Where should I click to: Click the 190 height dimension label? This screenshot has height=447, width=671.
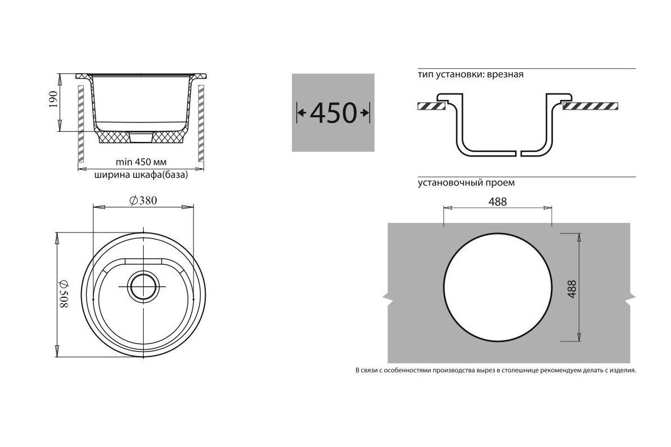tap(53, 99)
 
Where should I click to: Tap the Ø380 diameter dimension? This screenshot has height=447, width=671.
tap(143, 200)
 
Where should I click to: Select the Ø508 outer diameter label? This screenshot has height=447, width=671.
tap(64, 294)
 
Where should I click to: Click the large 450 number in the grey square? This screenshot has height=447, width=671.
tap(333, 113)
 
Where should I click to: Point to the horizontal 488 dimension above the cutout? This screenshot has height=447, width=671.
tap(498, 202)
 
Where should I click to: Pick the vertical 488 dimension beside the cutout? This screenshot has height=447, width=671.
tap(572, 289)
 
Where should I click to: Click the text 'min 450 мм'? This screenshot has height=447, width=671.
tap(141, 162)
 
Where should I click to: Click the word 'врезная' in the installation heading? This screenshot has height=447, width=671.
tap(505, 74)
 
